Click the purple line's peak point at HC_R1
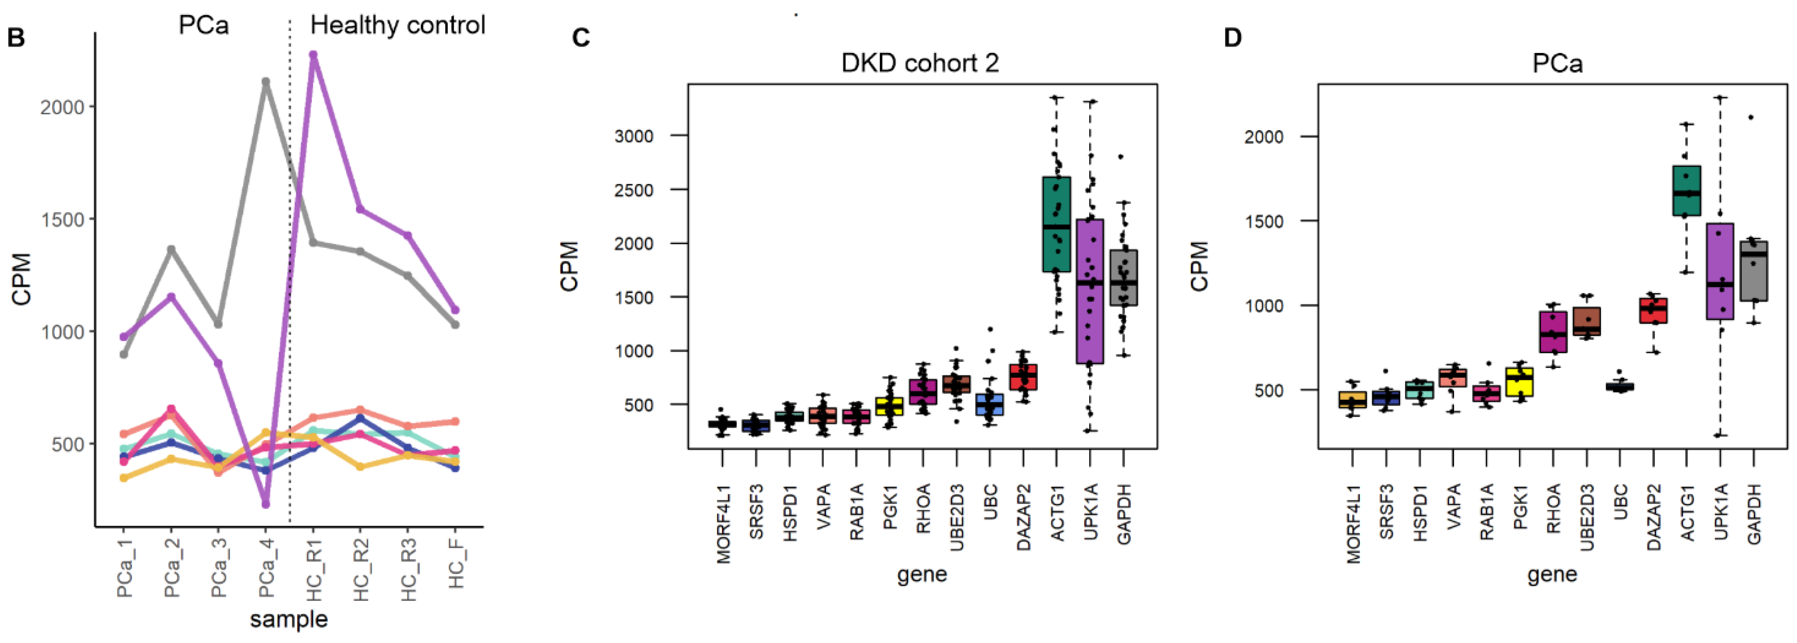point(313,54)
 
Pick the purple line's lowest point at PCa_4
point(266,503)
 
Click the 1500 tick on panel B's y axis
point(63,220)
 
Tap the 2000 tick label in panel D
point(1263,137)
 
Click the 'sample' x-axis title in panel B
point(289,619)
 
